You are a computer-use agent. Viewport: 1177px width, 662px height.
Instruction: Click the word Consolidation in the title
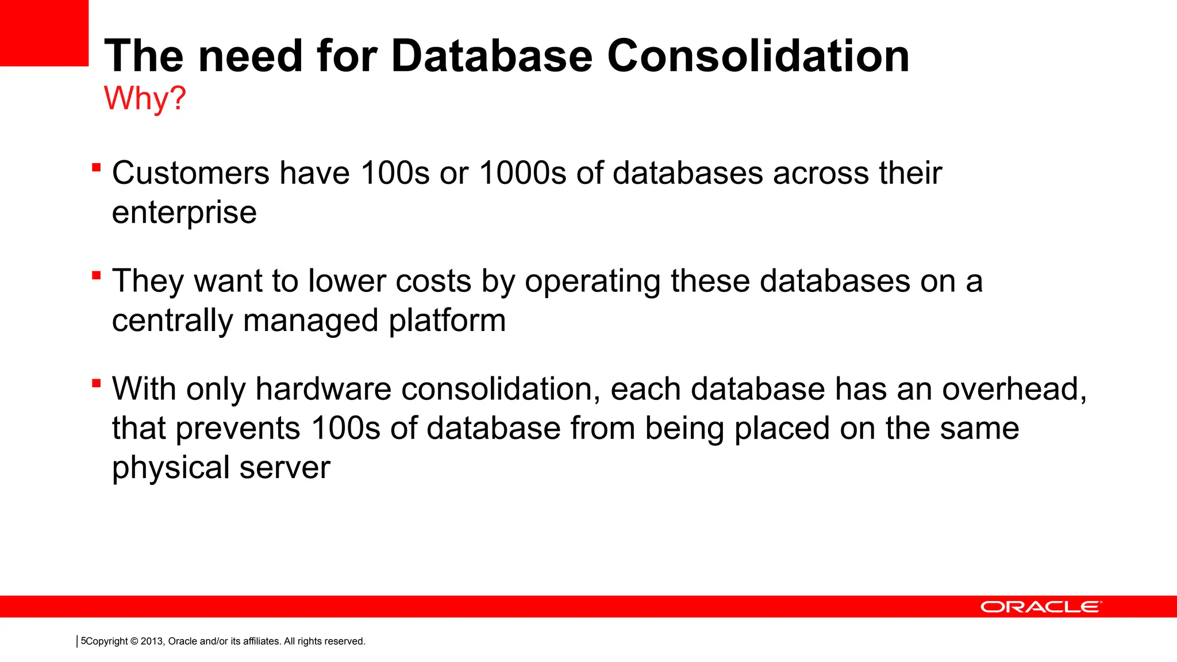758,56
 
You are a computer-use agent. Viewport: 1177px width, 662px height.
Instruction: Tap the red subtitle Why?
145,98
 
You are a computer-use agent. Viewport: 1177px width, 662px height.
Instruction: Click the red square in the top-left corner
44,32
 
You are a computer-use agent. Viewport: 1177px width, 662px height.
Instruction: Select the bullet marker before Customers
97,168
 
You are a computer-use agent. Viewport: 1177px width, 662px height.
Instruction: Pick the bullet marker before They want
97,275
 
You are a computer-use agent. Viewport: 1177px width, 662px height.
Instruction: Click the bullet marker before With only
97,383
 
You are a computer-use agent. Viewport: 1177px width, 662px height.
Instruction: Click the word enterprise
184,213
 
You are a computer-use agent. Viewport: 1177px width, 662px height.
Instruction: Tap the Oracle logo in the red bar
1041,607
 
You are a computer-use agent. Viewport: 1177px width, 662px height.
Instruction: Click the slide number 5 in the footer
83,641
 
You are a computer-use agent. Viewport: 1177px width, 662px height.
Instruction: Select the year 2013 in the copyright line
152,641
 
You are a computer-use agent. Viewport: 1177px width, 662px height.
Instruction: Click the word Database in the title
491,56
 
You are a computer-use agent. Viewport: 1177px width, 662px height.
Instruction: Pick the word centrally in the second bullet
172,321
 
